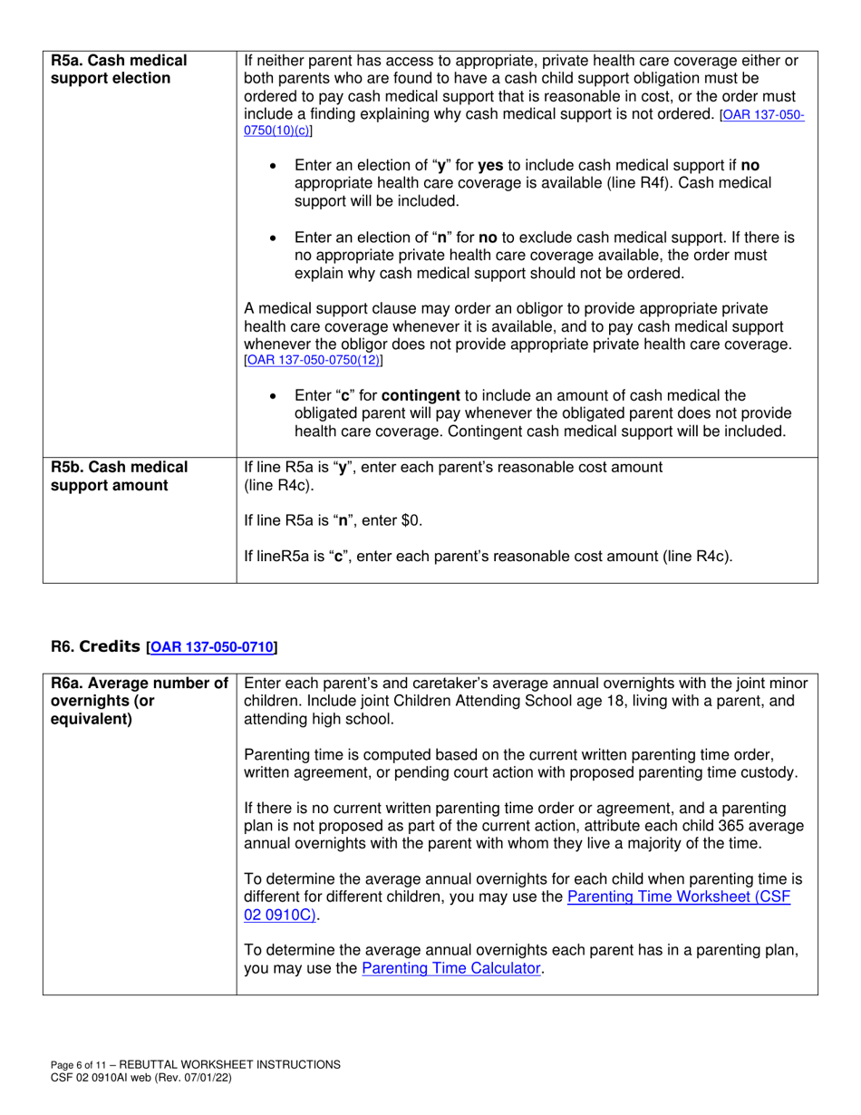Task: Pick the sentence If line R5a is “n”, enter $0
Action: tap(334, 521)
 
